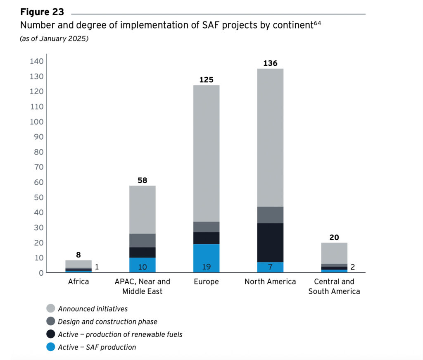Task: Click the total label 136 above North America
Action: pos(270,63)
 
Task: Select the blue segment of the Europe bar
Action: pos(207,258)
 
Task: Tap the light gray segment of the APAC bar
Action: pos(143,210)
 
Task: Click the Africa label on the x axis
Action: pos(78,281)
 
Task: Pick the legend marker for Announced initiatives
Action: pos(50,308)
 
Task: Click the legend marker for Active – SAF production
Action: pos(50,347)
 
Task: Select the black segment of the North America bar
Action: pos(270,243)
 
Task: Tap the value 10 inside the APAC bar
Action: pos(143,267)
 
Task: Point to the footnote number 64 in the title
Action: pos(317,23)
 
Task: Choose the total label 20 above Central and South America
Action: pos(334,237)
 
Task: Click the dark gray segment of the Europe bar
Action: pos(207,227)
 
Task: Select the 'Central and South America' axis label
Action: pos(334,286)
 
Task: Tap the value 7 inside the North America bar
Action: pos(270,267)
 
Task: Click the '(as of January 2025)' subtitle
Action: pos(54,38)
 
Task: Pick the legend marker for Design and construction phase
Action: pos(50,321)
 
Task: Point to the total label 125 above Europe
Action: pos(207,80)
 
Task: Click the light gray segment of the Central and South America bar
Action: pos(334,253)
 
